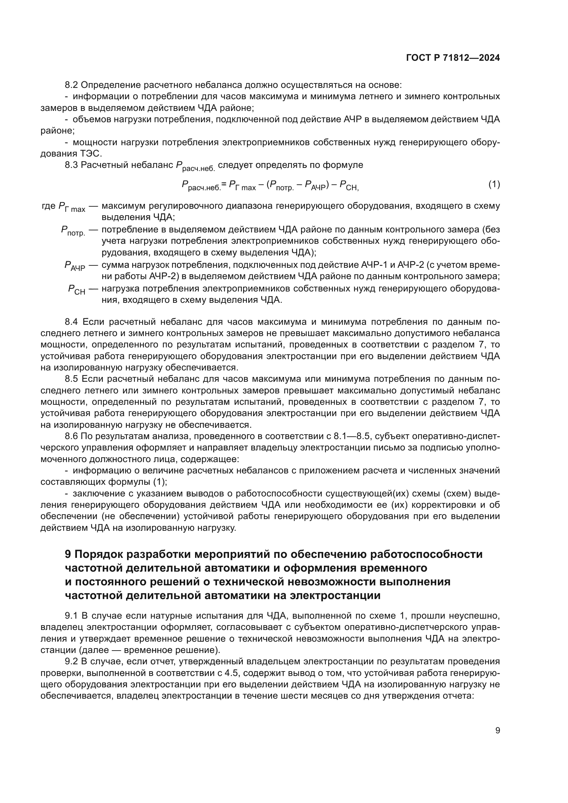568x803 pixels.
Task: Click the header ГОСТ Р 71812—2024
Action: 453,58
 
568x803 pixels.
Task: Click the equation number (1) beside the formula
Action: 494,184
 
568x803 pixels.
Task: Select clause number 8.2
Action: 72,85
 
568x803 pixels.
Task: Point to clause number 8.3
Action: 72,165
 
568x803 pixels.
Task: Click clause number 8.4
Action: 72,322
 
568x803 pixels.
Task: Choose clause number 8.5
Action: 72,379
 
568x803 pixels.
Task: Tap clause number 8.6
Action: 72,436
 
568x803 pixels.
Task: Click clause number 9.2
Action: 72,661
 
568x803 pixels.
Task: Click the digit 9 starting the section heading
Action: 68,554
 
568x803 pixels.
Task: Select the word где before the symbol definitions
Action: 48,206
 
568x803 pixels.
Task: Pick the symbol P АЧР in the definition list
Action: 75,266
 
